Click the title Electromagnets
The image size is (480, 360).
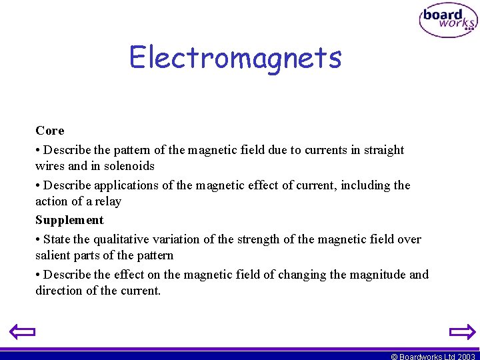click(235, 57)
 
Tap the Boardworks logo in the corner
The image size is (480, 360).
click(448, 21)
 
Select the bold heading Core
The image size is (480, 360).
click(50, 131)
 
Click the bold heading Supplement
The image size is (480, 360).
click(69, 220)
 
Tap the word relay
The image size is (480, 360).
click(107, 201)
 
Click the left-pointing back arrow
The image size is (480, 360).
click(21, 331)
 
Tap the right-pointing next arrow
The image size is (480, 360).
click(461, 331)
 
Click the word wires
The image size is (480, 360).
click(50, 166)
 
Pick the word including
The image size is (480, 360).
click(365, 185)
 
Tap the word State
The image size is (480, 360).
click(58, 239)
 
